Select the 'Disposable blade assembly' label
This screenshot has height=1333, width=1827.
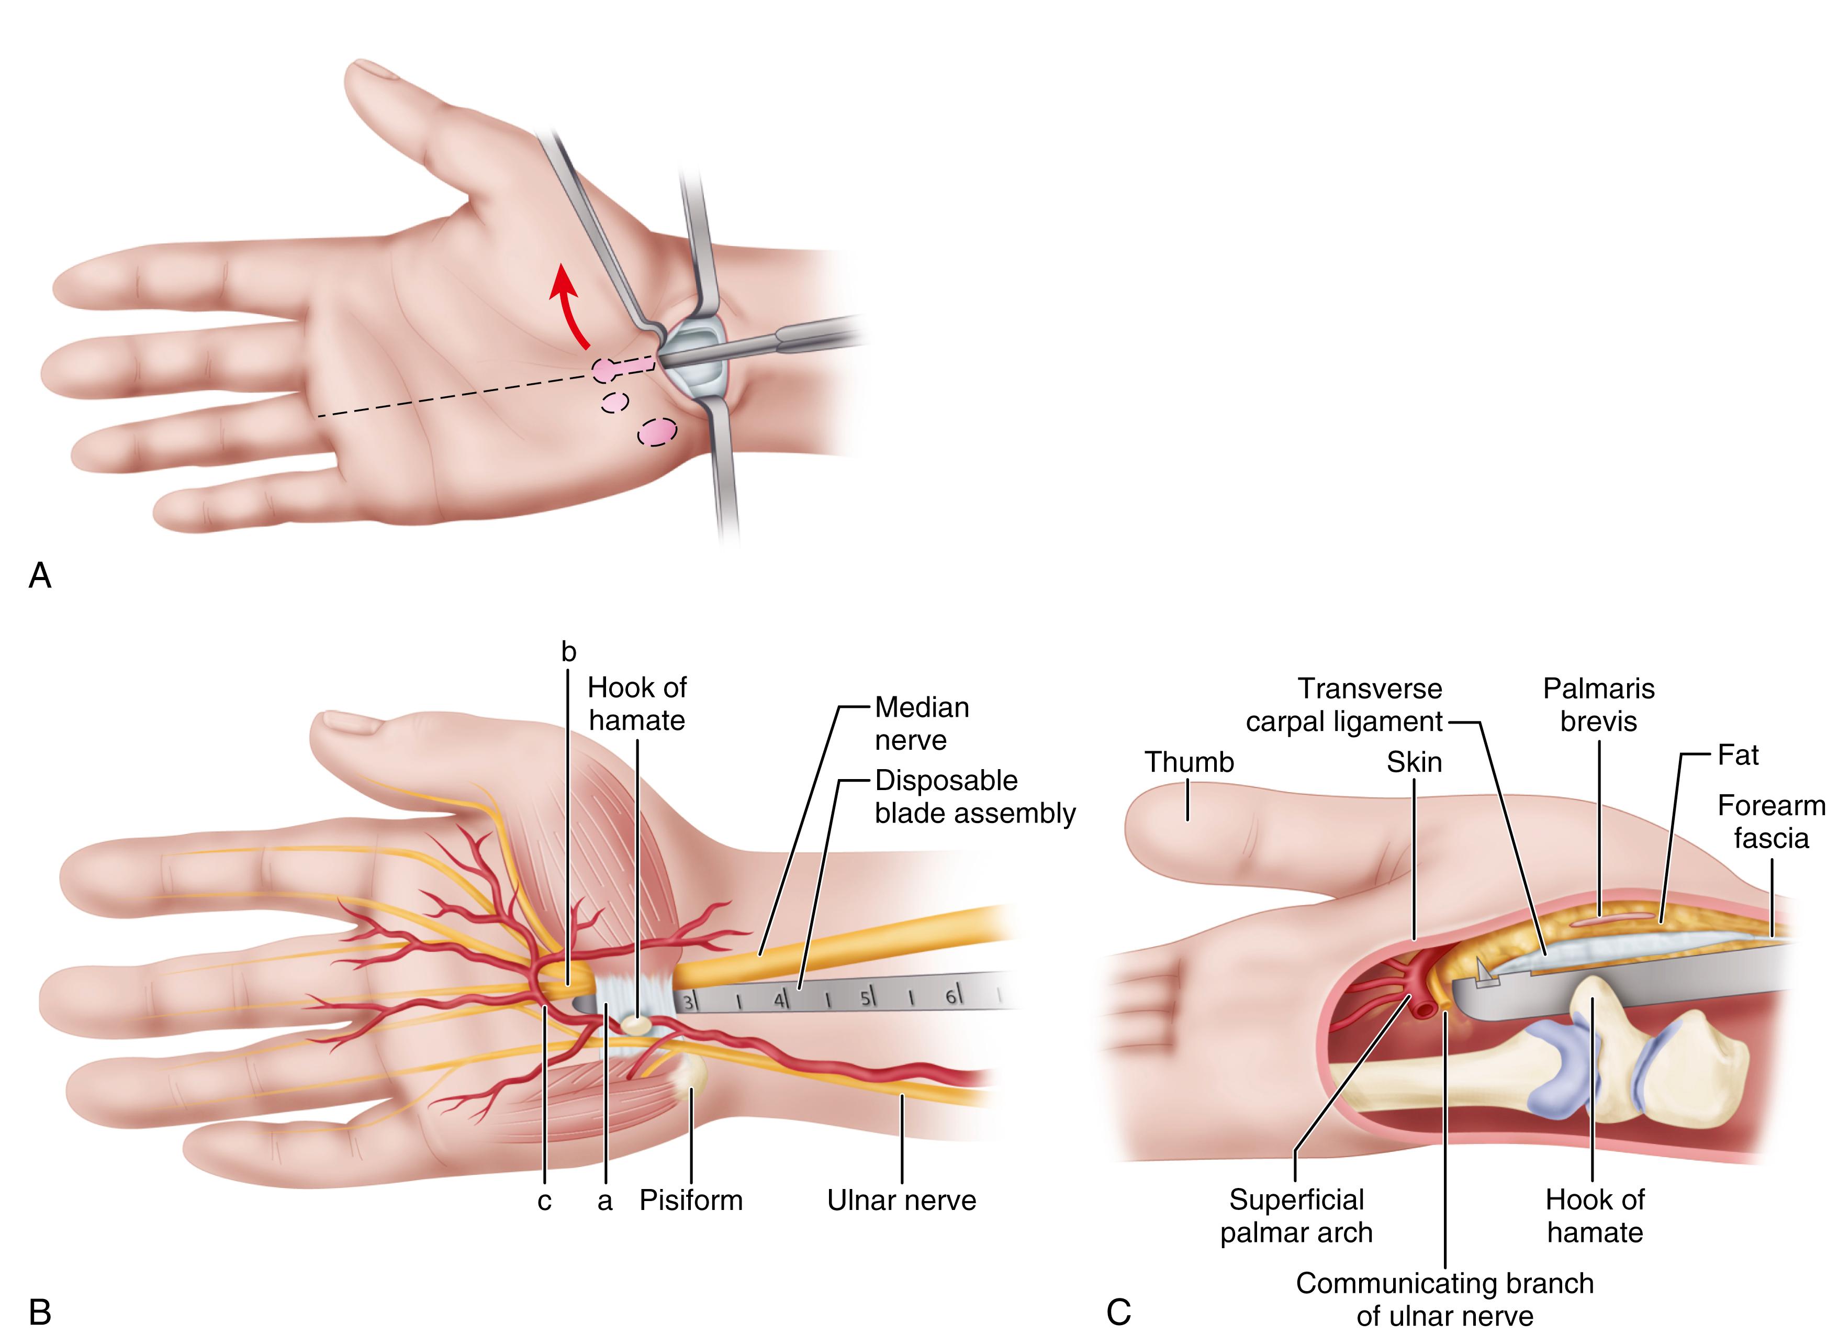974,796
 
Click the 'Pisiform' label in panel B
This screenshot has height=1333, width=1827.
690,1200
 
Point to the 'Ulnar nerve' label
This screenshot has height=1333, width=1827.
901,1200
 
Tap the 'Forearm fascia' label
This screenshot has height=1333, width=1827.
1770,821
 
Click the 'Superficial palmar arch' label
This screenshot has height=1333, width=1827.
1296,1216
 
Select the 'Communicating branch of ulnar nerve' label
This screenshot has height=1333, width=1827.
1444,1299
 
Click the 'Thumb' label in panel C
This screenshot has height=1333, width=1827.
1189,762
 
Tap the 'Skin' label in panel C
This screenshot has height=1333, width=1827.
1414,762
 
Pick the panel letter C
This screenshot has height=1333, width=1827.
1118,1311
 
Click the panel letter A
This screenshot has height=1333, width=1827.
40,575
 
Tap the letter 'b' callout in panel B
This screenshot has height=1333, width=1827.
569,652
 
